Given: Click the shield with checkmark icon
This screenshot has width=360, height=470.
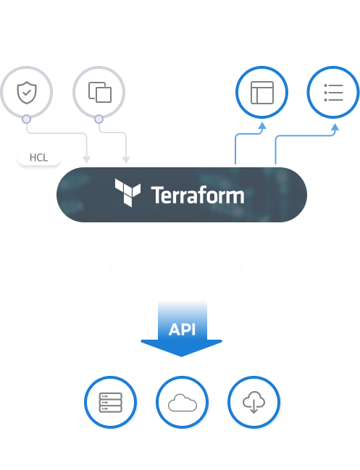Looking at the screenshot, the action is pos(27,92).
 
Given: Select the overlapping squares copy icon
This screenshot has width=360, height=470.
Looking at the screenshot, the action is pos(100,92).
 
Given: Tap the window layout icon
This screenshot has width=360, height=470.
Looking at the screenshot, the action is pos(262,93).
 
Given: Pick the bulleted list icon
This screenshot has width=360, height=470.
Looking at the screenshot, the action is pos(333,93).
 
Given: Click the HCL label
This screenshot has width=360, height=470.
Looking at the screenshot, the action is pos(38,157).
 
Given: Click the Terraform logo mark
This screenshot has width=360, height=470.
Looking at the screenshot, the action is pos(127,193).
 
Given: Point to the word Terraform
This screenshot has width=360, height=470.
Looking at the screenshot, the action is pos(198,195).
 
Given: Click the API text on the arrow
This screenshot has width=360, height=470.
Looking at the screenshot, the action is pos(182,330).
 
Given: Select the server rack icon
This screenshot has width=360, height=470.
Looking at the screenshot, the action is pos(111,402).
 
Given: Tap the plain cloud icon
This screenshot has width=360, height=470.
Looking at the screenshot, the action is pos(183,403).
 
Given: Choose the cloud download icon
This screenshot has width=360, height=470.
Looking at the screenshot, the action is pos(254,402).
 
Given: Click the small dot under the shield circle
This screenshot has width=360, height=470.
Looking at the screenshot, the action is pos(26,119).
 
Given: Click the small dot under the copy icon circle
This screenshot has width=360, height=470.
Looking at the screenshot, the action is pos(99,119).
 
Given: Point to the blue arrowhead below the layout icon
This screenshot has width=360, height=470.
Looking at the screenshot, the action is pos(262,125).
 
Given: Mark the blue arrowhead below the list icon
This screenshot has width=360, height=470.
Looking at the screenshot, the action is pos(335,127).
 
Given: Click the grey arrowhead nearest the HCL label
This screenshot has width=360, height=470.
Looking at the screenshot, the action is pos(87,160).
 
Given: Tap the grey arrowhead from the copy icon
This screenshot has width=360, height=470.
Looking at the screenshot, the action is pos(126,160).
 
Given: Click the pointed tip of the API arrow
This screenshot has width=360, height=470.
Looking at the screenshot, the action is pos(181,356).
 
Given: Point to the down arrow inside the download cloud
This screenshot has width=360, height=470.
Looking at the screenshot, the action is pos(254,406).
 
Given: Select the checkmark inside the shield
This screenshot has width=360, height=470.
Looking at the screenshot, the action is pos(27,91).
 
